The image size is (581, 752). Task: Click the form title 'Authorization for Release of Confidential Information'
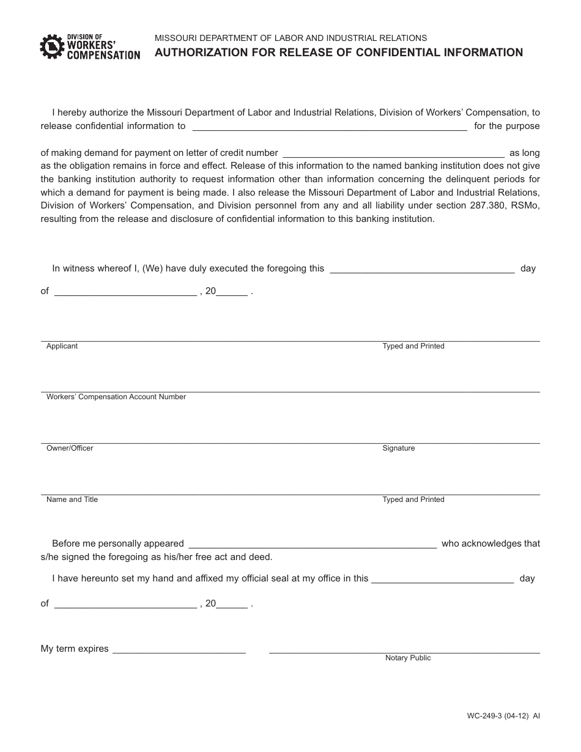pos(338,53)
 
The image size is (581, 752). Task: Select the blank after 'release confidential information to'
pos(330,127)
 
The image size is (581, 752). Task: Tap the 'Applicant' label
pos(62,346)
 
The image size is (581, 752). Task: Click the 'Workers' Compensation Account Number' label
pos(116,397)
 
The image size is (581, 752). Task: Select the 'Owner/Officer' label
pos(70,448)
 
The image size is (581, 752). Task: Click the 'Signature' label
pos(398,448)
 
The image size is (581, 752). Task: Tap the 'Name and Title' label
pos(72,499)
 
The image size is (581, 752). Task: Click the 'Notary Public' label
pos(408,658)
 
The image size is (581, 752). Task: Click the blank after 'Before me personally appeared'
pos(313,544)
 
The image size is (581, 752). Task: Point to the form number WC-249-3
pos(494,715)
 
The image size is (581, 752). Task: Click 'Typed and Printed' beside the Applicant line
pos(413,346)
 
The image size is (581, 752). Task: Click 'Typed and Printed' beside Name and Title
pos(413,499)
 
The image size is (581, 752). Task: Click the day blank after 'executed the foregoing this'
pos(422,268)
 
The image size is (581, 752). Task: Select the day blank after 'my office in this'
pos(442,578)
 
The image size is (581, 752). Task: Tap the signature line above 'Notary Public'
pos(404,651)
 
